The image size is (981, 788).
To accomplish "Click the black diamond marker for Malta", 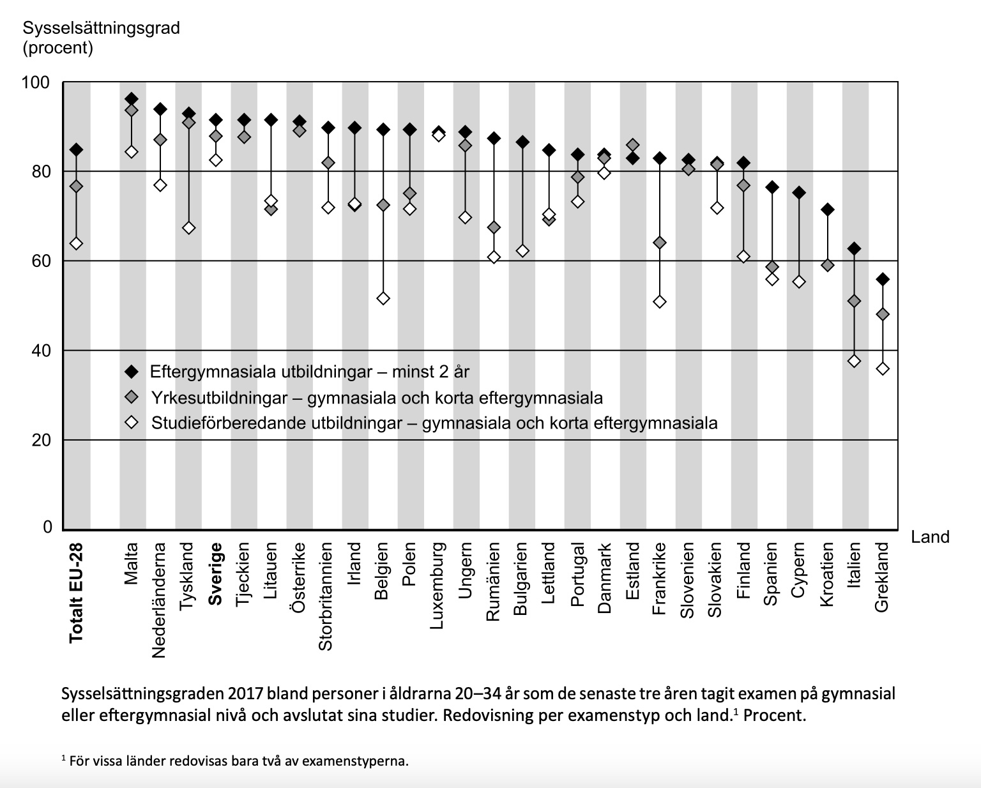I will pyautogui.click(x=132, y=99).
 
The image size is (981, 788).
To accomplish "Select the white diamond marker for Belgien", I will pyautogui.click(x=383, y=298).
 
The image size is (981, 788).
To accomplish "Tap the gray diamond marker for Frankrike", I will pyautogui.click(x=660, y=243).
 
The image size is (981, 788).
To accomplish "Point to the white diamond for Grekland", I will pyautogui.click(x=883, y=368).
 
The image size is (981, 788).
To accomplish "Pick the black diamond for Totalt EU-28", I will pyautogui.click(x=76, y=149).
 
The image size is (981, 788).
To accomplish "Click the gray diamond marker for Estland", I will pyautogui.click(x=632, y=145).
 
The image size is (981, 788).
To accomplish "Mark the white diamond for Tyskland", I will pyautogui.click(x=188, y=228).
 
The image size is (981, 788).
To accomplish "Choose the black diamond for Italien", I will pyautogui.click(x=854, y=248).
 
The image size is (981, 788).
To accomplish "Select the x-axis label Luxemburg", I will pyautogui.click(x=437, y=586).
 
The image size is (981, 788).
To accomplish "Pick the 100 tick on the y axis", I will pyautogui.click(x=36, y=82).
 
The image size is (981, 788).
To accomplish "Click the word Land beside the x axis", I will pyautogui.click(x=930, y=537).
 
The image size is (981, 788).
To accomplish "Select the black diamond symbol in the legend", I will pyautogui.click(x=132, y=371).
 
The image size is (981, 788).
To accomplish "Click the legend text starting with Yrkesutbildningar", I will pyautogui.click(x=377, y=398).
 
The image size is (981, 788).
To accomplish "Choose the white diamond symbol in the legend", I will pyautogui.click(x=132, y=423).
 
